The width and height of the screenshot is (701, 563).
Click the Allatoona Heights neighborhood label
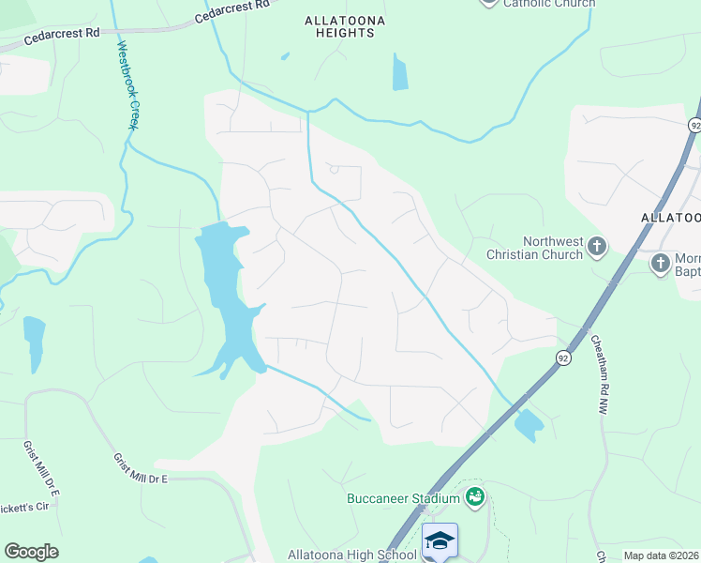pyautogui.click(x=339, y=25)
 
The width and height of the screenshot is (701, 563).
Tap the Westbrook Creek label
pyautogui.click(x=124, y=84)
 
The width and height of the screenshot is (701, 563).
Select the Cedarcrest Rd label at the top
pyautogui.click(x=232, y=11)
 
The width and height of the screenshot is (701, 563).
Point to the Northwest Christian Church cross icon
pyautogui.click(x=597, y=248)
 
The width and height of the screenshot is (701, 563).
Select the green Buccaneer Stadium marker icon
pyautogui.click(x=475, y=495)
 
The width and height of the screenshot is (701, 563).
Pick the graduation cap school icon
pyautogui.click(x=440, y=540)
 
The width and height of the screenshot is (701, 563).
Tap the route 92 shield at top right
pyautogui.click(x=694, y=125)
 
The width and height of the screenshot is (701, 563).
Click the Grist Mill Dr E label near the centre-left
pyautogui.click(x=140, y=469)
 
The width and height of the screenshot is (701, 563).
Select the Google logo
pyautogui.click(x=31, y=552)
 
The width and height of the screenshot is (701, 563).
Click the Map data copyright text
pyautogui.click(x=661, y=555)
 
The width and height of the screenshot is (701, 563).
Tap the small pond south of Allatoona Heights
pyautogui.click(x=400, y=73)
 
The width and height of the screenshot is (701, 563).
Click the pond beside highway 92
pyautogui.click(x=529, y=425)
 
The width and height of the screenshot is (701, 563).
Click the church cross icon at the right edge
pyautogui.click(x=661, y=262)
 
